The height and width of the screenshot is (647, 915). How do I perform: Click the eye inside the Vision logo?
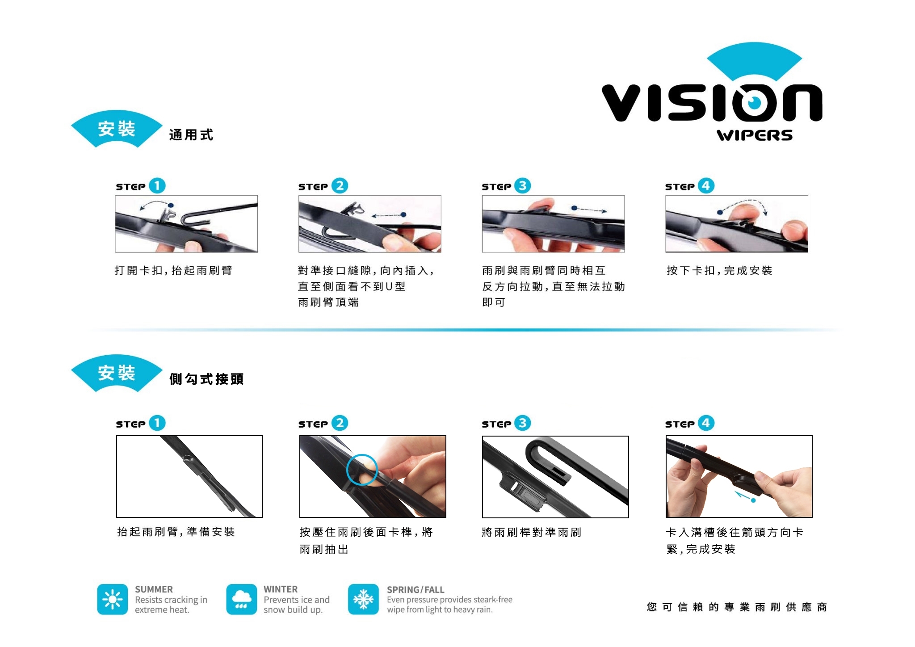[x=755, y=103]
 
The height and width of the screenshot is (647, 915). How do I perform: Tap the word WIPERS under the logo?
[x=755, y=135]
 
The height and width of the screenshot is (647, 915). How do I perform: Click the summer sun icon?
[x=113, y=599]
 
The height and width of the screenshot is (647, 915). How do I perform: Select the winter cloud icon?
[x=241, y=599]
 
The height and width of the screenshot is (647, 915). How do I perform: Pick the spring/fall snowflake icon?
[x=363, y=599]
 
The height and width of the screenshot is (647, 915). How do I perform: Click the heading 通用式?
[x=191, y=134]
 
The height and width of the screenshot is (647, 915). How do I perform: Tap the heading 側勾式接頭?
[x=206, y=379]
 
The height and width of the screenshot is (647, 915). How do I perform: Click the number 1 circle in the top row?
[x=157, y=185]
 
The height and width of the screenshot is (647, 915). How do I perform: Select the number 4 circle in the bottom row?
[x=706, y=423]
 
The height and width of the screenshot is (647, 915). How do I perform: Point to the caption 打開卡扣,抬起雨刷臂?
[x=173, y=270]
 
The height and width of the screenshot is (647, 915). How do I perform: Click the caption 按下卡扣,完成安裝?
[x=719, y=270]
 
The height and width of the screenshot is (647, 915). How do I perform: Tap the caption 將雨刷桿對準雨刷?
[x=532, y=532]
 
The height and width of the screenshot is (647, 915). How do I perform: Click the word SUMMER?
[x=154, y=589]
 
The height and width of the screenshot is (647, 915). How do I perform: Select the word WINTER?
[x=281, y=589]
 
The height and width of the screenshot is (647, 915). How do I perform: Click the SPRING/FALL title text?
[x=416, y=590]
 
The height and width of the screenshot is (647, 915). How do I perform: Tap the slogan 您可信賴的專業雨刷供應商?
[x=737, y=607]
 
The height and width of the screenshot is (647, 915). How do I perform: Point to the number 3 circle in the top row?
[x=523, y=185]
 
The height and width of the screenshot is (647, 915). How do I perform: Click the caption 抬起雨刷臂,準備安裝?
[x=176, y=532]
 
